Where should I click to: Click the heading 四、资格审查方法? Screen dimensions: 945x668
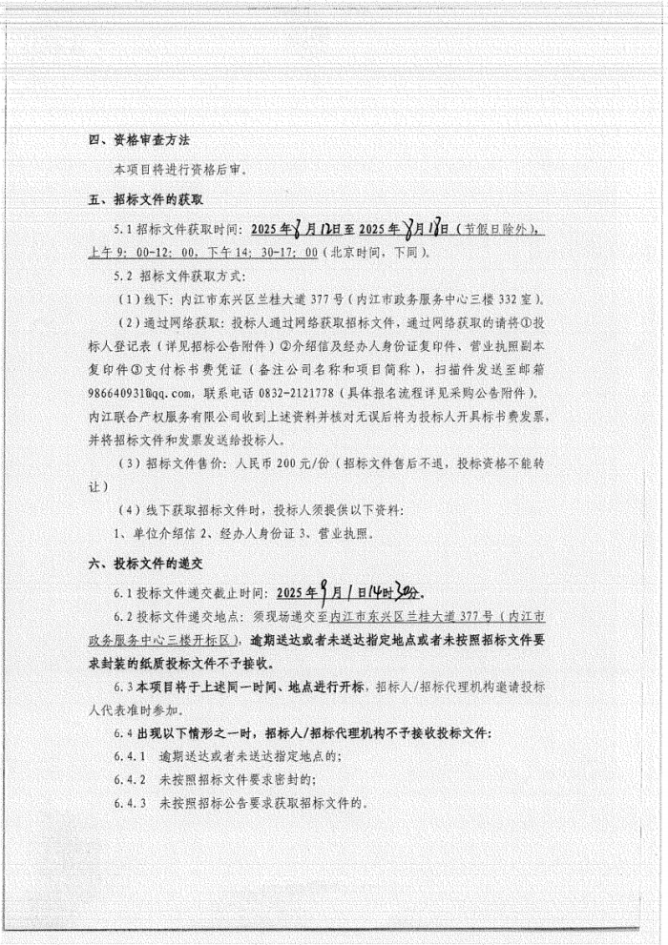139,139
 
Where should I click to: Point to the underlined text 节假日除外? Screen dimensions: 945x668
495,231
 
